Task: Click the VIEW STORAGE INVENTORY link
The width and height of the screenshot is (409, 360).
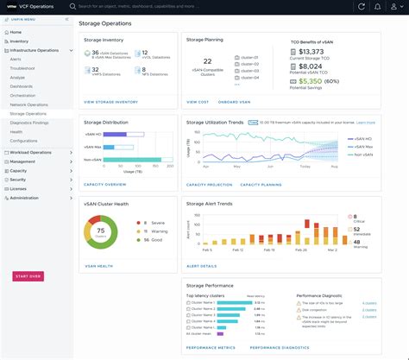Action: click(x=110, y=102)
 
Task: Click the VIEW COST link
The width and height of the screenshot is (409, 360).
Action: click(x=198, y=102)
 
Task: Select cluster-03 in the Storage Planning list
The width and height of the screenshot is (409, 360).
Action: click(x=251, y=71)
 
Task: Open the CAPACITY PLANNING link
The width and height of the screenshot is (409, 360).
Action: click(x=261, y=184)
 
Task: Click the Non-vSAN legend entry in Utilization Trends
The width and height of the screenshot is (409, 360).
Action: click(x=364, y=156)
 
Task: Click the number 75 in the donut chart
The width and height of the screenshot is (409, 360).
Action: click(x=101, y=231)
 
